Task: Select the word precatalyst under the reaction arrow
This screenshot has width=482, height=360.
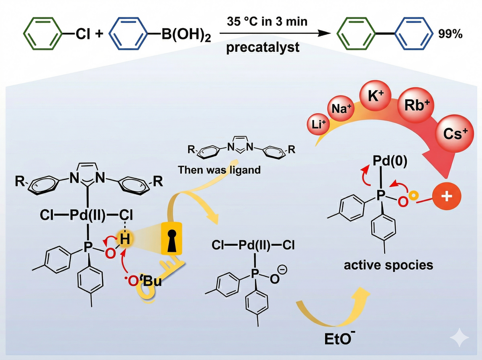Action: tap(263, 48)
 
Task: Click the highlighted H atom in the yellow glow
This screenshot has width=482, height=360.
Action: tap(126, 241)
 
